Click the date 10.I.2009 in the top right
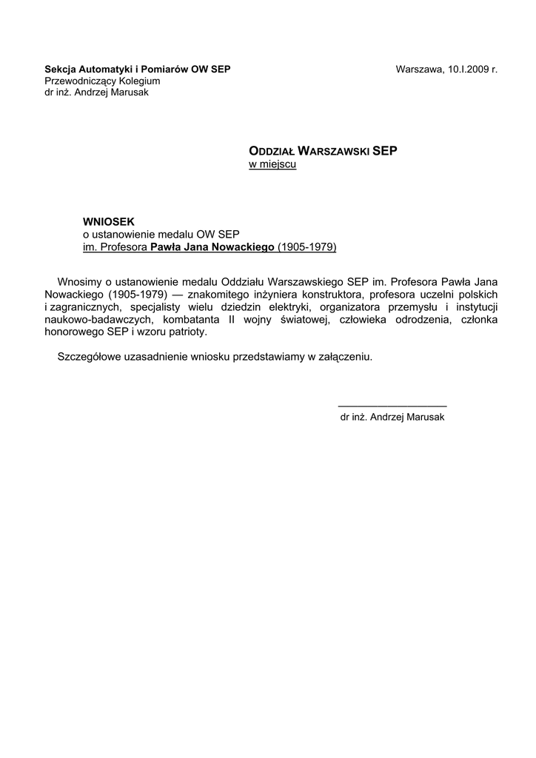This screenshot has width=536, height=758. (x=467, y=70)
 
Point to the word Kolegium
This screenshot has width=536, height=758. (x=136, y=81)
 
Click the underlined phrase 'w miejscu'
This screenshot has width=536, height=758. (x=272, y=164)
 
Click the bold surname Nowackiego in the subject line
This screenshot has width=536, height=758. (x=243, y=247)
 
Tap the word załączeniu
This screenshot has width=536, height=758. (x=344, y=357)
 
